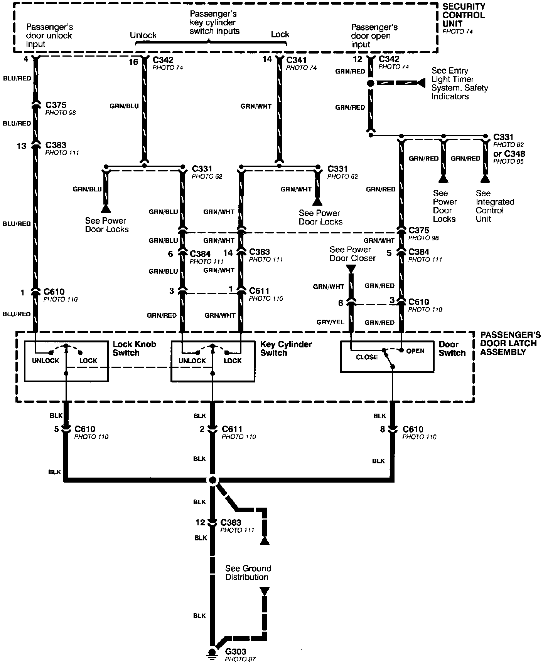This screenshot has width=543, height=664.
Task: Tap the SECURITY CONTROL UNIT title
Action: (463, 15)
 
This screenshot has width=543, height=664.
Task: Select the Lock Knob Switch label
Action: (134, 348)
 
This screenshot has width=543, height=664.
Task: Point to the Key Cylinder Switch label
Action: (286, 348)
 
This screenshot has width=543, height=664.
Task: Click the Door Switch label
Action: (452, 349)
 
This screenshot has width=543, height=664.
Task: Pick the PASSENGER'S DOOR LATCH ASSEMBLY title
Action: (510, 344)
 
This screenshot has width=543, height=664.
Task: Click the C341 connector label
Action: (297, 60)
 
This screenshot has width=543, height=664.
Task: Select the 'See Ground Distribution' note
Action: (248, 573)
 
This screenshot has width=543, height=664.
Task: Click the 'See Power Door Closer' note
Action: (352, 254)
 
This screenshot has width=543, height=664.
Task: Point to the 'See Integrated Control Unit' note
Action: (494, 206)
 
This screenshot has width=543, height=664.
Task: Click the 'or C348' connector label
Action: (509, 154)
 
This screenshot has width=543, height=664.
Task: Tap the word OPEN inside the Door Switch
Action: (415, 351)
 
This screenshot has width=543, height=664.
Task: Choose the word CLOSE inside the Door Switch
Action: (366, 357)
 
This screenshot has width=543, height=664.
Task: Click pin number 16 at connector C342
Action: (133, 62)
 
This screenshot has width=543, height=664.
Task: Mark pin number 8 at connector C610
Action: (383, 429)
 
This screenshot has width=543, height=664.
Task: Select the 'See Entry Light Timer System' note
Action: (459, 83)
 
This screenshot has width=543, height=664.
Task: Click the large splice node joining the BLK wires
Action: (212, 480)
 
